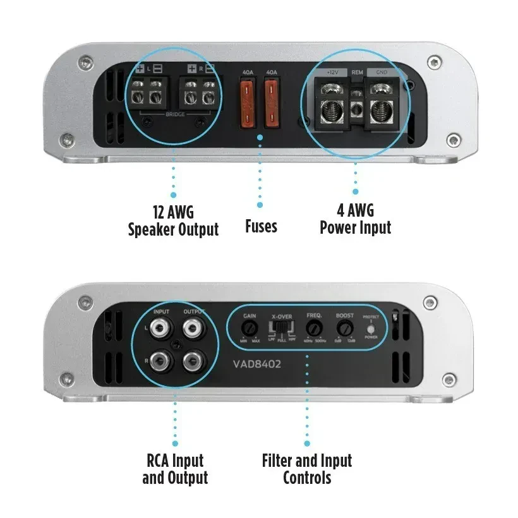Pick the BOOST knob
pyautogui.click(x=344, y=327)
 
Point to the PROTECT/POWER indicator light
pyautogui.click(x=371, y=329)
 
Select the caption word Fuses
pyautogui.click(x=261, y=226)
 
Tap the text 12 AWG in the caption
pyautogui.click(x=173, y=211)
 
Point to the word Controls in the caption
pyautogui.click(x=307, y=478)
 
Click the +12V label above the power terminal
pyautogui.click(x=332, y=73)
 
